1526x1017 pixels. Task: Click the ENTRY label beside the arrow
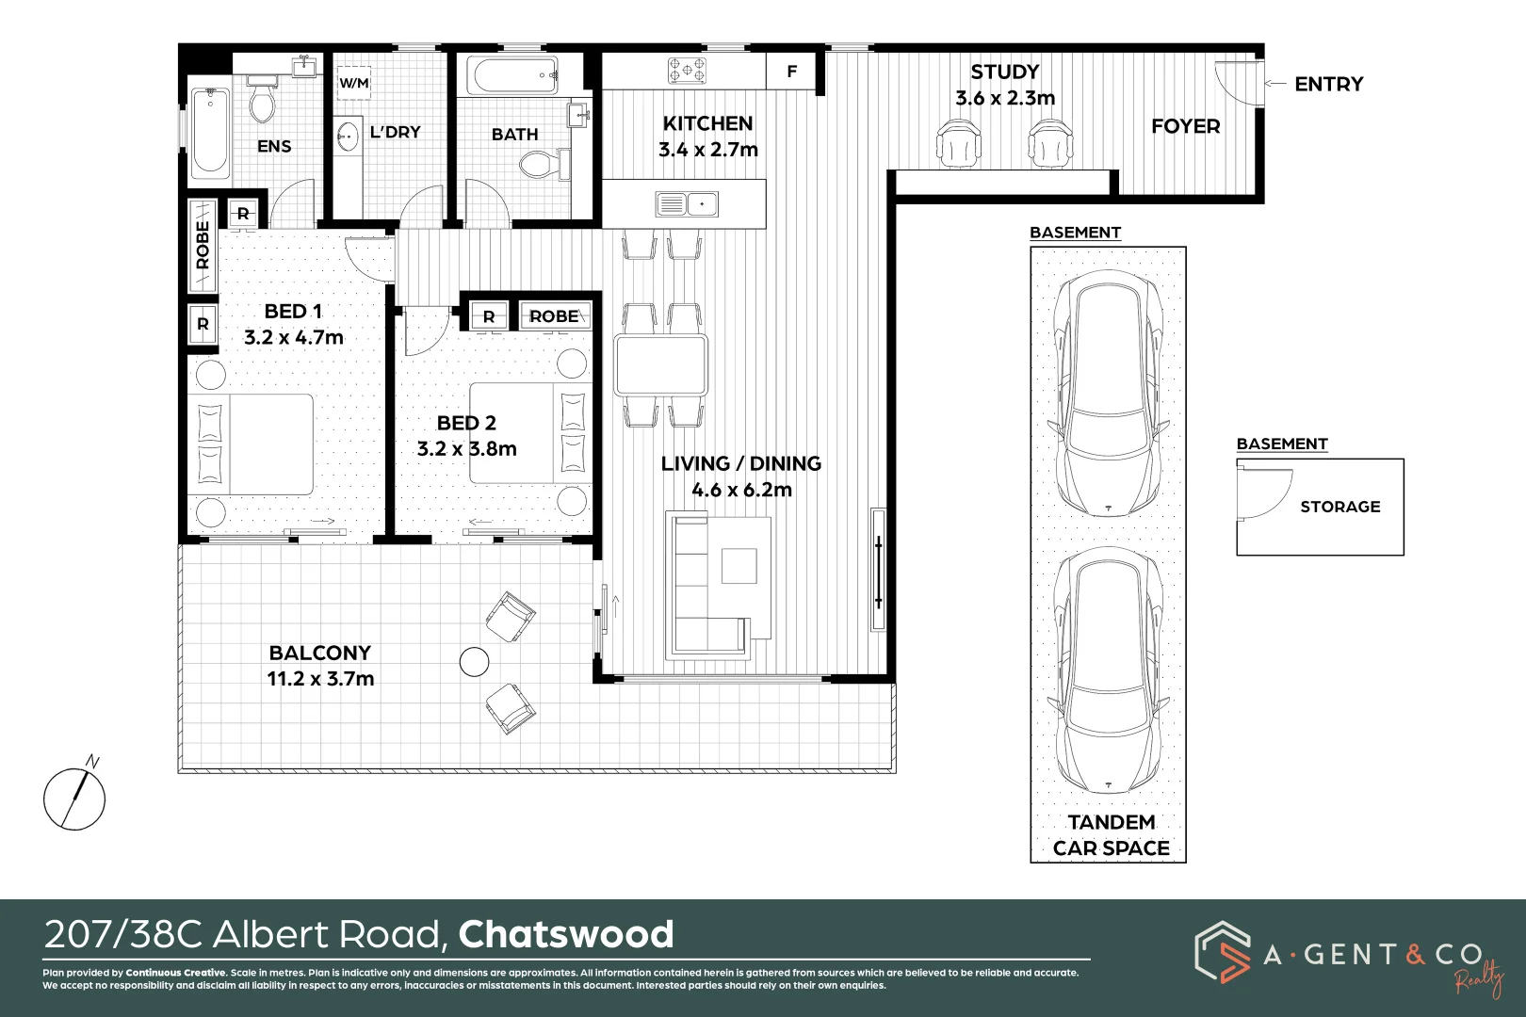[x=1328, y=85]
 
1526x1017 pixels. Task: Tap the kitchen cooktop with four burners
[x=688, y=70]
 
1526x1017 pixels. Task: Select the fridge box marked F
[x=792, y=72]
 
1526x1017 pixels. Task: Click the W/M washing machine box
[x=354, y=83]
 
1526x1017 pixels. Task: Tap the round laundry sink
[x=348, y=137]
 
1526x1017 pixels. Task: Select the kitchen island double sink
[x=687, y=203]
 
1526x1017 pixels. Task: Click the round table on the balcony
[x=474, y=662]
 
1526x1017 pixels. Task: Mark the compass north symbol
[x=74, y=799]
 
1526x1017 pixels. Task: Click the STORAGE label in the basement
[x=1339, y=507]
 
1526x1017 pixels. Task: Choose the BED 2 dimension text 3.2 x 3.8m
[x=467, y=449]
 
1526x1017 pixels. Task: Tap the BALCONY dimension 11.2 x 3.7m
[x=320, y=679]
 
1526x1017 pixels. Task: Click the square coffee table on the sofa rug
[x=739, y=566]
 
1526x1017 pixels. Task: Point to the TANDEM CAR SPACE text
[x=1111, y=835]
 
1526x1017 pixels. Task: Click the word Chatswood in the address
[x=566, y=934]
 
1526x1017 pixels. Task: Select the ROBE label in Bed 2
[x=554, y=316]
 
